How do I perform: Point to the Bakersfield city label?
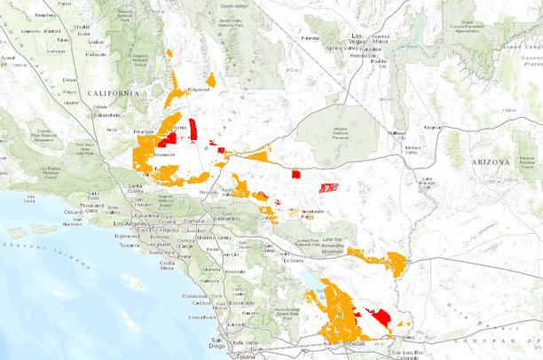(107, 114)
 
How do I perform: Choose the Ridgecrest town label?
(198, 89)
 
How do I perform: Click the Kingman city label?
(432, 127)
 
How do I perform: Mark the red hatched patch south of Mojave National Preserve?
(327, 187)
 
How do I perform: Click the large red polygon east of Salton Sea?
(379, 316)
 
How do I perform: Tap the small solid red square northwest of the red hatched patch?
(296, 175)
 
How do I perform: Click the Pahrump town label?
(310, 38)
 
